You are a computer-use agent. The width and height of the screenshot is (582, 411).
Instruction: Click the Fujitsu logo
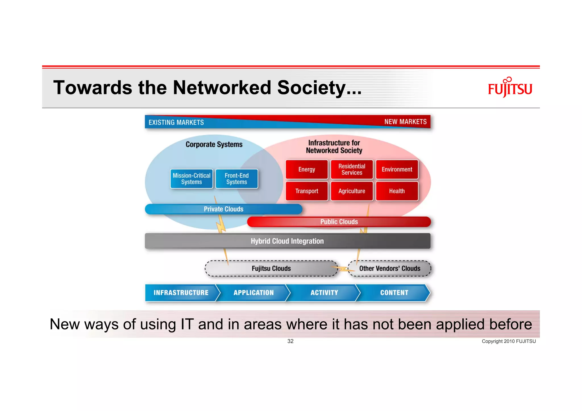[x=510, y=88]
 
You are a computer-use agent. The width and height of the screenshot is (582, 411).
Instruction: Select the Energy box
[x=307, y=170]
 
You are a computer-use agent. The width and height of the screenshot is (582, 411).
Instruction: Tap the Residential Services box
[x=352, y=170]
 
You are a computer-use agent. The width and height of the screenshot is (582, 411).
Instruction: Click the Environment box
[x=397, y=170]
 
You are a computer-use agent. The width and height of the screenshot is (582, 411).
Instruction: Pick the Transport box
[x=307, y=191]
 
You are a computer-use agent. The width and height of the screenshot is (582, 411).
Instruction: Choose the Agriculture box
[x=352, y=191]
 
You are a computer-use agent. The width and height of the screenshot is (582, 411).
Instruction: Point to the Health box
[x=397, y=191]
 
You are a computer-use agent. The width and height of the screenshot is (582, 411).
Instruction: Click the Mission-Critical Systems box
[x=192, y=179]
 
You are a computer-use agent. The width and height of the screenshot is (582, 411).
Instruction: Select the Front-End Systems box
[x=236, y=179]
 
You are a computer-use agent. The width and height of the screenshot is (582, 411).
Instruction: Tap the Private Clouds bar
[x=223, y=209]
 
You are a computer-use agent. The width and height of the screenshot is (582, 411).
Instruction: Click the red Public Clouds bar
[x=339, y=222]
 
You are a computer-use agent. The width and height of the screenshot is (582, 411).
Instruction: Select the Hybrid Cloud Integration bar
[x=287, y=241]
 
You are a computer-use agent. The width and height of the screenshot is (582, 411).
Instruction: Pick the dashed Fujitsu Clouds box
[x=271, y=268]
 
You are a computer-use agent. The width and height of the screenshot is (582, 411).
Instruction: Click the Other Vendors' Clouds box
[x=390, y=268]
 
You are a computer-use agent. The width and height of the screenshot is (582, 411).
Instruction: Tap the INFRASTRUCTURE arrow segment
[x=181, y=293]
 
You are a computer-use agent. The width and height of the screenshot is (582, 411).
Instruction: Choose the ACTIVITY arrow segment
[x=324, y=293]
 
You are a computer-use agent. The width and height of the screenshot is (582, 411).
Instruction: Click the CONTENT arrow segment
[x=394, y=293]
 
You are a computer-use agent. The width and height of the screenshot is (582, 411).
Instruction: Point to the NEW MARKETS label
[x=405, y=122]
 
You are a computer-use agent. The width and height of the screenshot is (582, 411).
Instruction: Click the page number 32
[x=290, y=341]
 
